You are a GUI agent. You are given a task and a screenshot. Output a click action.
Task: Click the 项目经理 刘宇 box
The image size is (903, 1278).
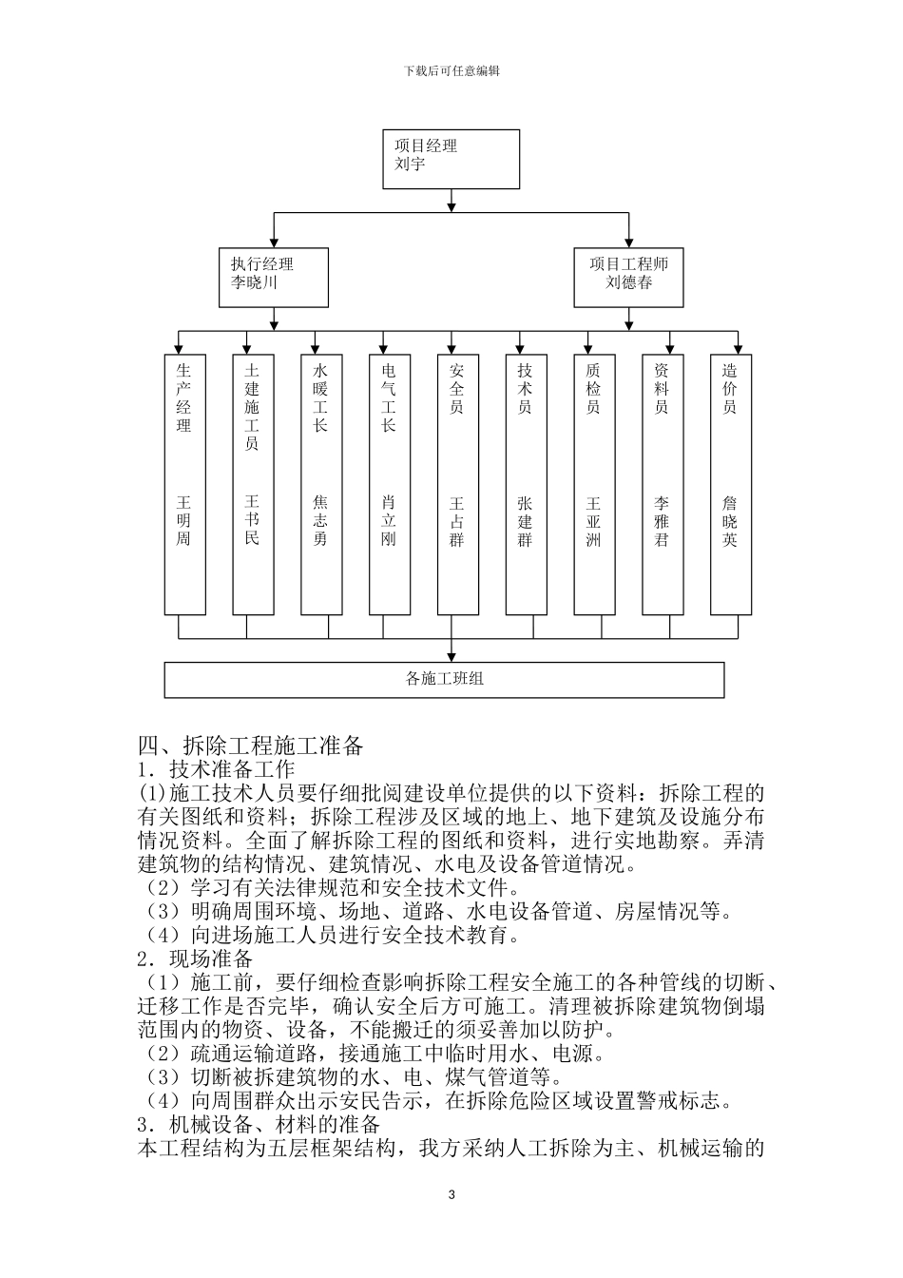451,159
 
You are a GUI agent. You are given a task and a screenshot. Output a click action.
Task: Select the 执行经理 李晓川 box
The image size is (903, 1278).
274,277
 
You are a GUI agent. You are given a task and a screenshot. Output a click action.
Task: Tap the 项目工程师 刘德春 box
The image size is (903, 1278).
628,277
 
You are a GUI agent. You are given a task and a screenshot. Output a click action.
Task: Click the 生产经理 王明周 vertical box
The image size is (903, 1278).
184,485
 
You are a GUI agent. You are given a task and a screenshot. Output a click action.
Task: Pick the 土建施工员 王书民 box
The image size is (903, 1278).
252,485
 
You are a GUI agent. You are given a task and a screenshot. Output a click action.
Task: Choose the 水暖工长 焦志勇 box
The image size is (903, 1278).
320,485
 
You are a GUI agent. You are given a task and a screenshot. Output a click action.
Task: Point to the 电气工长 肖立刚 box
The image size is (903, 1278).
389,485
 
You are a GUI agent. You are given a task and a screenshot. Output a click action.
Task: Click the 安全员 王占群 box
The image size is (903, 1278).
457,485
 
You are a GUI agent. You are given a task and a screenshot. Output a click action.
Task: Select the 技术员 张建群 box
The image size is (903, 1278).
526,485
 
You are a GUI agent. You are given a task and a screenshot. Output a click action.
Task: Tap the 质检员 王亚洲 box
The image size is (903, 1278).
594,485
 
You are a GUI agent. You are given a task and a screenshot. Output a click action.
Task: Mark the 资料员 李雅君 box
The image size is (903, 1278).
663,485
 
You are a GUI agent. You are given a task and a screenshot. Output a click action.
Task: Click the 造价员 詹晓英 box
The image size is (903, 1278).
730,485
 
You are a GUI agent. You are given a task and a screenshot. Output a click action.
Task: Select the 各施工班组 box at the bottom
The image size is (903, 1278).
444,680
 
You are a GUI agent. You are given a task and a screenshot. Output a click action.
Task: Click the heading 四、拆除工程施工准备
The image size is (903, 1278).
251,745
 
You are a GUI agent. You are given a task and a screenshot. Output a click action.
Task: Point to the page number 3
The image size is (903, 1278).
451,1194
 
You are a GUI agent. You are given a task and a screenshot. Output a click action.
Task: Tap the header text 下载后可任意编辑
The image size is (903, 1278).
451,70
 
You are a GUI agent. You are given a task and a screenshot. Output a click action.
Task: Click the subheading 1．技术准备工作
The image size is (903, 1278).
217,768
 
